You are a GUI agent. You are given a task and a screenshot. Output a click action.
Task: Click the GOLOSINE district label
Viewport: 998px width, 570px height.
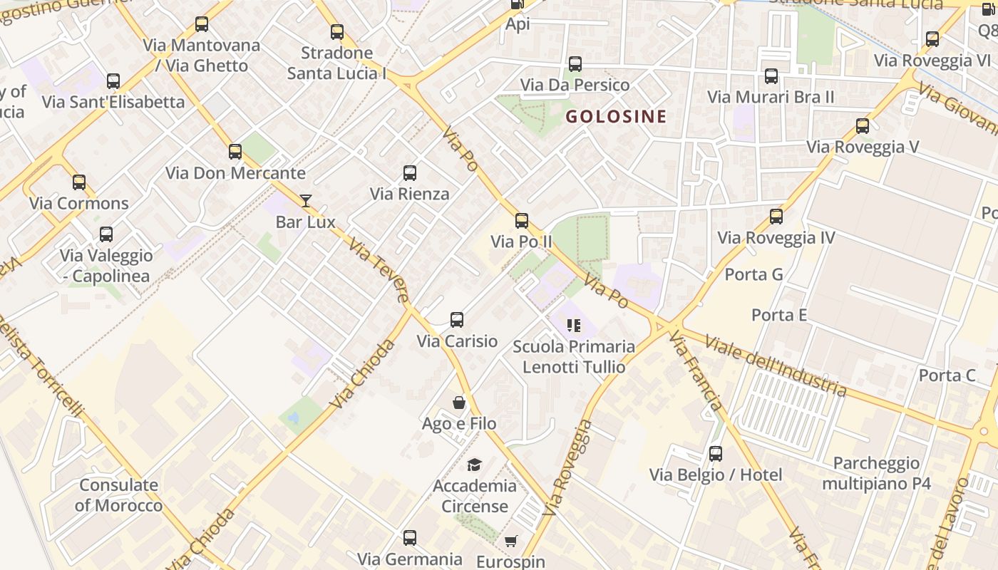click(x=616, y=116)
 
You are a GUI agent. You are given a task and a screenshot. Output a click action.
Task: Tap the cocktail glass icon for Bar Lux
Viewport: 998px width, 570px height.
click(x=306, y=201)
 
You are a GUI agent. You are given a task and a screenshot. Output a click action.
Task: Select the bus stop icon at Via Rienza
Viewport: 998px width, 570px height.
click(x=410, y=172)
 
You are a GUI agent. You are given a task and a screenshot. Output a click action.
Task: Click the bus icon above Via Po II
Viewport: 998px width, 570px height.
click(x=522, y=221)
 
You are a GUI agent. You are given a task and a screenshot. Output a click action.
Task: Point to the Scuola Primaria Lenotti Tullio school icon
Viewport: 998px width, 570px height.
click(x=574, y=326)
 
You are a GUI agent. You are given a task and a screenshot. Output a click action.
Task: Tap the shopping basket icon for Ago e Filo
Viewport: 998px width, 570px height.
click(x=460, y=403)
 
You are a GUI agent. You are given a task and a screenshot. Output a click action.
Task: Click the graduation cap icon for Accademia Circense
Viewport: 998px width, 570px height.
click(x=474, y=465)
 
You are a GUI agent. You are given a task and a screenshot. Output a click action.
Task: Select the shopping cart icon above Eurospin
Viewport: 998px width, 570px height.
click(x=510, y=541)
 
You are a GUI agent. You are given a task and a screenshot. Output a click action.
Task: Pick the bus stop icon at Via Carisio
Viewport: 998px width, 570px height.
click(x=457, y=320)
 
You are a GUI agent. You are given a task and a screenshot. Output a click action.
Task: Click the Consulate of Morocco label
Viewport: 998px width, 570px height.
click(x=119, y=495)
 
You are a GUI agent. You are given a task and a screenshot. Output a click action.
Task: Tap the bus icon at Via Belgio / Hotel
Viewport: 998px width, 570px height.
click(x=716, y=454)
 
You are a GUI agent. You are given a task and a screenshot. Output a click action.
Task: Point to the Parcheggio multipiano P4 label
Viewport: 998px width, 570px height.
click(x=876, y=473)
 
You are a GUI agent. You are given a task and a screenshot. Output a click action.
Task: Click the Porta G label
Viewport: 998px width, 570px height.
click(x=753, y=274)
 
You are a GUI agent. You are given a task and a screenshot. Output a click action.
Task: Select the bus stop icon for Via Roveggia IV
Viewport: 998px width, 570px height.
click(x=776, y=217)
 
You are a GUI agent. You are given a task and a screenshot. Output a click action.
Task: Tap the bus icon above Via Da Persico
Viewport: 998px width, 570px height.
click(x=575, y=64)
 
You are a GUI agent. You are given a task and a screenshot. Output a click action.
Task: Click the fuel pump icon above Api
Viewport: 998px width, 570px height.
click(x=518, y=5)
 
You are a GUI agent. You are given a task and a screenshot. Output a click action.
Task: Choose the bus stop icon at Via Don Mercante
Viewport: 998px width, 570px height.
click(x=235, y=152)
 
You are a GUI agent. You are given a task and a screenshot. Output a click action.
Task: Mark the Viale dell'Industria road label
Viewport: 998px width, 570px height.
click(x=775, y=364)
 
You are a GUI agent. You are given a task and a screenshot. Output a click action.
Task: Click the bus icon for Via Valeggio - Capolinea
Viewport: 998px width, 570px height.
click(x=106, y=234)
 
